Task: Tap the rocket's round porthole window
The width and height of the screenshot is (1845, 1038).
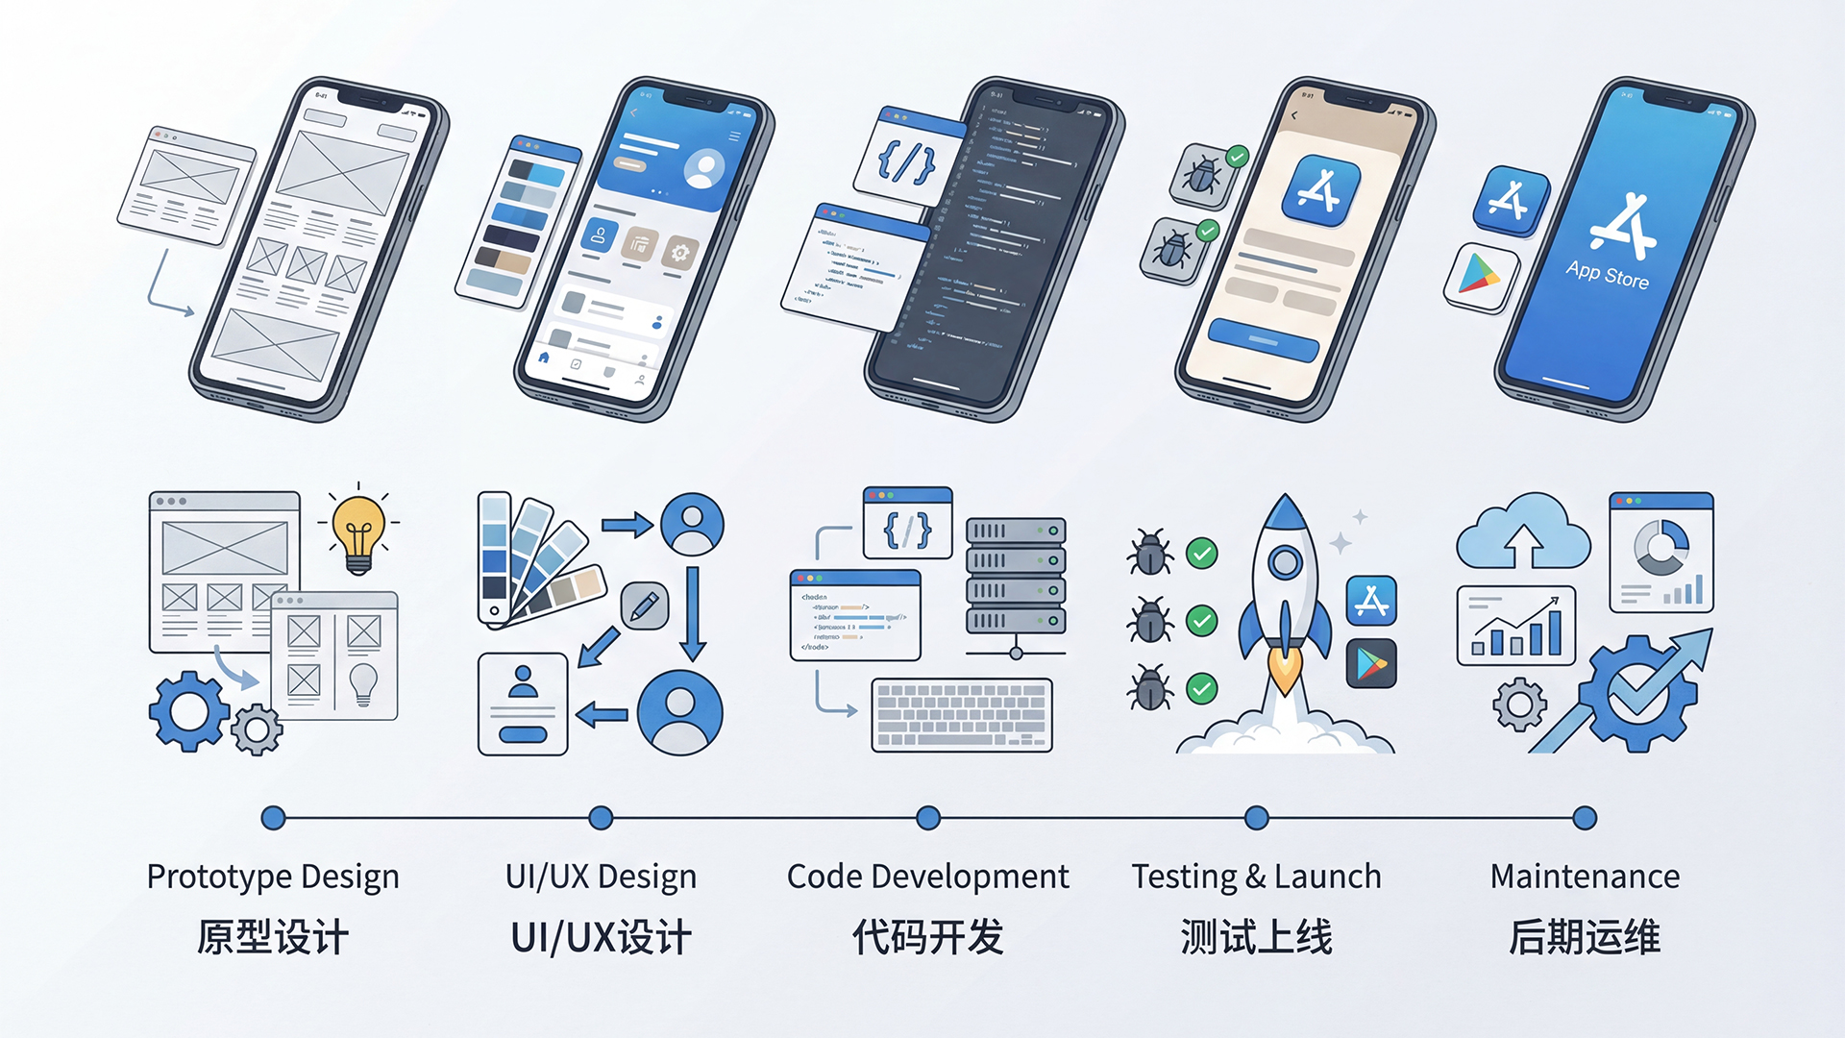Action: click(1285, 562)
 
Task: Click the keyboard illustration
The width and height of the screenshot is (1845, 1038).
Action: click(962, 715)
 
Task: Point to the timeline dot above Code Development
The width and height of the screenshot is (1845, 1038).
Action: click(928, 818)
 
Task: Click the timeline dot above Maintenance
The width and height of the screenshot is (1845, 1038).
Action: click(1585, 818)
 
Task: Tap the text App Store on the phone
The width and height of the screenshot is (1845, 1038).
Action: click(1608, 275)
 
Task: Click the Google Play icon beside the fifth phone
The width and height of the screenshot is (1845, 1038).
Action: click(1481, 276)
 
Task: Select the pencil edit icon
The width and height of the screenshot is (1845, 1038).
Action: click(644, 605)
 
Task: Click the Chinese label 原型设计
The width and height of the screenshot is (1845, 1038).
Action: click(273, 937)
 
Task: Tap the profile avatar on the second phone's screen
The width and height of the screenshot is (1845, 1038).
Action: click(704, 169)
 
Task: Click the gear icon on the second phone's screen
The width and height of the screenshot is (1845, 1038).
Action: click(680, 253)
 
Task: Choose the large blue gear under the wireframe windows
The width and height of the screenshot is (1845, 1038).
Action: click(188, 710)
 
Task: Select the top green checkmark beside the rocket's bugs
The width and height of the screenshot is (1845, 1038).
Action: click(1201, 554)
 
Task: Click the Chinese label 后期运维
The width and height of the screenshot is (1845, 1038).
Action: click(1585, 937)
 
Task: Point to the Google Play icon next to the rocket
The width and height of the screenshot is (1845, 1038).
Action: click(1371, 663)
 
